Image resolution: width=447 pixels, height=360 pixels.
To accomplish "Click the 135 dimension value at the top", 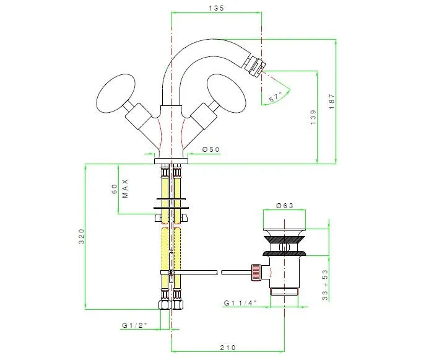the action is [x=217, y=8].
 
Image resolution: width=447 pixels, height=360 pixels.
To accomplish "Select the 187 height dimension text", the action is [x=332, y=101].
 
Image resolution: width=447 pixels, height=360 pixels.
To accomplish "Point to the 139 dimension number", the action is [x=313, y=117].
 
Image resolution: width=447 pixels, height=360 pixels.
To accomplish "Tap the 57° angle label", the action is [x=276, y=97].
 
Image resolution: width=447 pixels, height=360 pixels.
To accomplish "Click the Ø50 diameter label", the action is [x=211, y=149].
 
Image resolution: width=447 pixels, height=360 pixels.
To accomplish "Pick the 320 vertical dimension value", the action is [x=82, y=236].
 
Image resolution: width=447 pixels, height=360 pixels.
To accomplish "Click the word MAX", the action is [x=126, y=188].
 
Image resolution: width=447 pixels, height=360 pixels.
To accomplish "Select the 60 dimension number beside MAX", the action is [x=115, y=189].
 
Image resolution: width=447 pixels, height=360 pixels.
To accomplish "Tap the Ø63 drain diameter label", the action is [x=285, y=205].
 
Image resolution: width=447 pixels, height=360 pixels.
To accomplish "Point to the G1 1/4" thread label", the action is [x=240, y=303].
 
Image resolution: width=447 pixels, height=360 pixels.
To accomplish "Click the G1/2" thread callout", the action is [x=134, y=325].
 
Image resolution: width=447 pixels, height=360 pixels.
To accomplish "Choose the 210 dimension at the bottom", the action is [x=228, y=348].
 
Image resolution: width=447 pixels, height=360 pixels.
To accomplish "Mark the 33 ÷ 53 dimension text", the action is [x=325, y=285].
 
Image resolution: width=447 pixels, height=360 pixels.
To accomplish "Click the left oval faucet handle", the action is [x=115, y=94].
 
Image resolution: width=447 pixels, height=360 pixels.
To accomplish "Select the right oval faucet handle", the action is [x=227, y=94].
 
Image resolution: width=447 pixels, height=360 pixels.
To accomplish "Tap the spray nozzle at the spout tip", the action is [x=255, y=66].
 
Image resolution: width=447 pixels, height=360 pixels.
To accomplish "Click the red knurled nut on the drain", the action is [x=256, y=272].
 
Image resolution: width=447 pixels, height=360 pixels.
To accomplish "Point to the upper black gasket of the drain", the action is [x=284, y=239].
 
